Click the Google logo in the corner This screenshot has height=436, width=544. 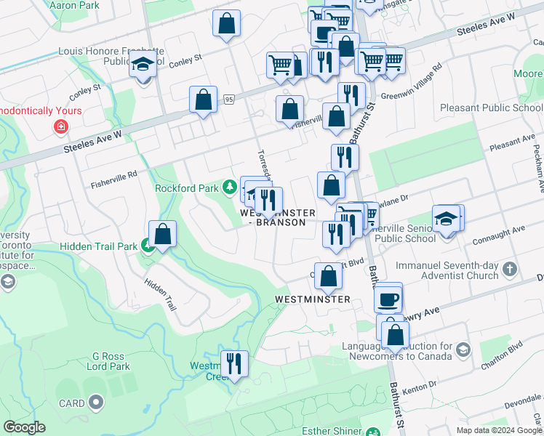pos(24,427)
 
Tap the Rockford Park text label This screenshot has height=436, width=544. pos(186,188)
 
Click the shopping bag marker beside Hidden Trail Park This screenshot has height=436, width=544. pos(164,234)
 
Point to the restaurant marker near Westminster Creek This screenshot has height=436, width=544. pos(233,363)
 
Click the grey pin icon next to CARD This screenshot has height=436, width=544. pos(96,403)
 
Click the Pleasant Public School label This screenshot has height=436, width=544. pos(491,108)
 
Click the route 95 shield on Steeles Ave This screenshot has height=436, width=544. pos(229,99)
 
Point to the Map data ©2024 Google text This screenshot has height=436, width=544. pos(500,430)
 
